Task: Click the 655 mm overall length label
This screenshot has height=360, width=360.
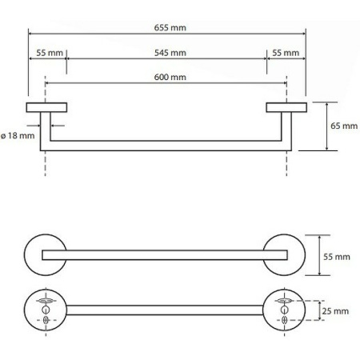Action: point(170,28)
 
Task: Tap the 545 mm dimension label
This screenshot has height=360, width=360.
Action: point(170,53)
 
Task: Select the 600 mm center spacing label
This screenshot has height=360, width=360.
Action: point(170,78)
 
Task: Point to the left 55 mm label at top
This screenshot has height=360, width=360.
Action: point(50,53)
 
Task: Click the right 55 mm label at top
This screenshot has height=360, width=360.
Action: point(286,53)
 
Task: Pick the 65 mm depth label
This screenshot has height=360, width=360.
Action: point(344,126)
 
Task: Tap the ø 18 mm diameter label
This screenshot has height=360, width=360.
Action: point(18,136)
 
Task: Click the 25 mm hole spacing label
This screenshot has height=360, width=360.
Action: point(335,311)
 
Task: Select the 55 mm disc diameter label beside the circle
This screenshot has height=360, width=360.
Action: point(337,257)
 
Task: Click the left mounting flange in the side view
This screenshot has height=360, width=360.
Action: point(46,107)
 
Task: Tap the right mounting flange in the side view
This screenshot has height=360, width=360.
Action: point(286,107)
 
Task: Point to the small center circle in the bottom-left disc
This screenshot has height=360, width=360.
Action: point(46,310)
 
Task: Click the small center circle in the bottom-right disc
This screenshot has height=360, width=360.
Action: point(285,310)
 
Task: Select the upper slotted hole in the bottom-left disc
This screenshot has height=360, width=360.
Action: point(46,301)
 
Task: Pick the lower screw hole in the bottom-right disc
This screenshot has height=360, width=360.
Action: point(285,320)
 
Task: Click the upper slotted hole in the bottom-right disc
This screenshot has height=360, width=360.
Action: point(284,301)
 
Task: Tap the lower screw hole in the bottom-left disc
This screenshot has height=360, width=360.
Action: point(46,320)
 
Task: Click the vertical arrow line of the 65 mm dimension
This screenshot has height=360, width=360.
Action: point(327,126)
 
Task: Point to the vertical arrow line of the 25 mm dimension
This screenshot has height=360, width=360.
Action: point(320,310)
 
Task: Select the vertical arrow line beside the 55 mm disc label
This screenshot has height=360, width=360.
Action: point(319,255)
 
